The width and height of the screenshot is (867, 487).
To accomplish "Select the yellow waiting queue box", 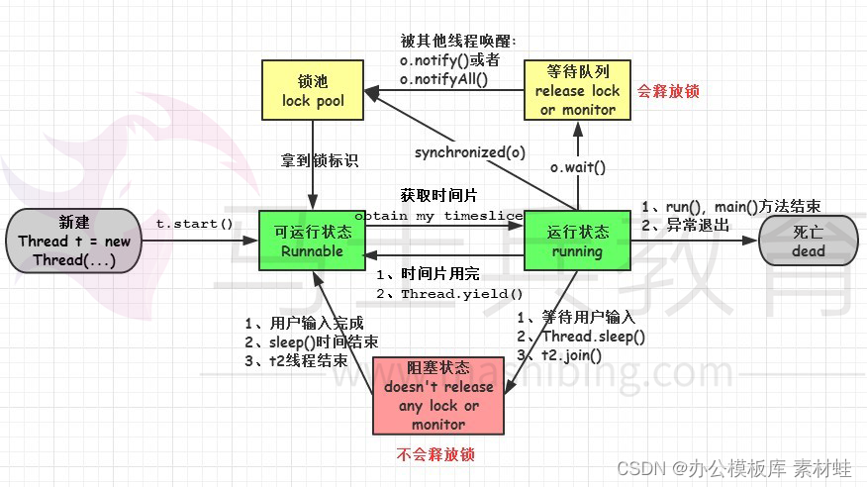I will pos(576,90).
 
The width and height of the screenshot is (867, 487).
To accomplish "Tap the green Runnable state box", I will pos(313,242).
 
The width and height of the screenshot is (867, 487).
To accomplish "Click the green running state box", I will pos(576,242).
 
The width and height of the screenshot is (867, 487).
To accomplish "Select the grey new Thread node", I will pos(74,242).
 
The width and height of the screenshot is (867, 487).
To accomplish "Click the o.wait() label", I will pos(577,167).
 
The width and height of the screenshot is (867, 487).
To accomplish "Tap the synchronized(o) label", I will pos(470,152).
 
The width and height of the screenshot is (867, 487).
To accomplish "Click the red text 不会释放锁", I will pos(435,454).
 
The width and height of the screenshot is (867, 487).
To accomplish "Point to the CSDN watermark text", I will pos(738,465).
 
